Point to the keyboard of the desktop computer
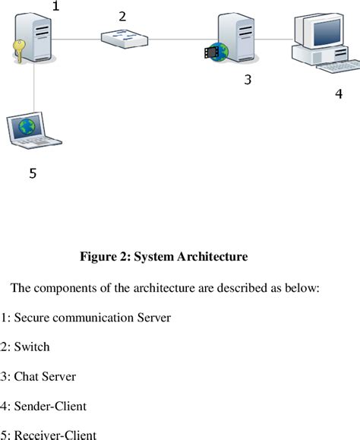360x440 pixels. point(334,68)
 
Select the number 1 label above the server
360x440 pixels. point(55,7)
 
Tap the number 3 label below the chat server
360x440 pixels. point(247,79)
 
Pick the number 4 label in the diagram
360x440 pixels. point(339,94)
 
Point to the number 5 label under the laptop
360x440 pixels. point(33,173)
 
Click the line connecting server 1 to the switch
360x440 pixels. point(77,39)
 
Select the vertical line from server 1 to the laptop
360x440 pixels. point(34,91)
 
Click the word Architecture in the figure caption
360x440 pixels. point(212,257)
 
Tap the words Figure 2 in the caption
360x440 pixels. point(105,257)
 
